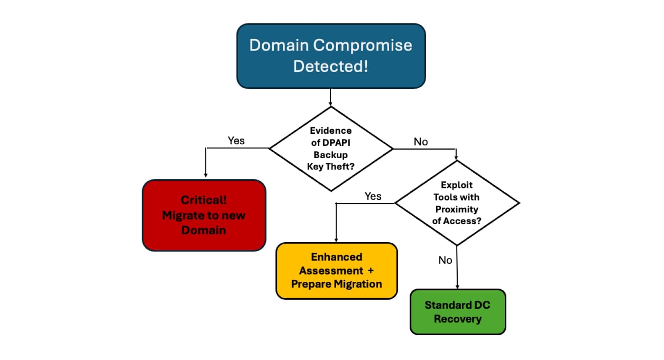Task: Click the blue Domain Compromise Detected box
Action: [x=331, y=56]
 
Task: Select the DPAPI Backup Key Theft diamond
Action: [x=331, y=148]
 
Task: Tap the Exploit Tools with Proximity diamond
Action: [x=457, y=203]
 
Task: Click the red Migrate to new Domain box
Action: [x=204, y=215]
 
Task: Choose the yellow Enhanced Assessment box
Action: [x=336, y=270]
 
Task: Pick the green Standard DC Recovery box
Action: [x=458, y=312]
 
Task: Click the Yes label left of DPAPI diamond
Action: [x=236, y=141]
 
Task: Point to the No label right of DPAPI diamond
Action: [x=421, y=142]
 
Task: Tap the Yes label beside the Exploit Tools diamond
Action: [x=373, y=196]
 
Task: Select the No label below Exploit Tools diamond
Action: [x=445, y=260]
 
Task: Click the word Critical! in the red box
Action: [x=204, y=200]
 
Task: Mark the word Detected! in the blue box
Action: [x=331, y=66]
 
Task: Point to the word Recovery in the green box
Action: [x=458, y=319]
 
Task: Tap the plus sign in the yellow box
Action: [x=370, y=271]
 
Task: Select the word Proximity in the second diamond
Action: [x=457, y=209]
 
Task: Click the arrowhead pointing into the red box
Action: [x=206, y=175]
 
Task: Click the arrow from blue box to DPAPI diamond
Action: [x=330, y=97]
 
